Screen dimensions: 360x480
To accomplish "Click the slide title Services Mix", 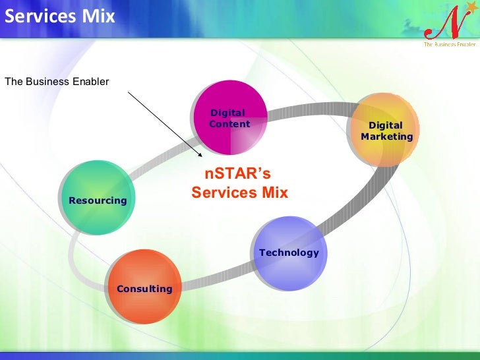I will point(59,16).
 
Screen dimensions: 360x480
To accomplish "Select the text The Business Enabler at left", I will point(57,82).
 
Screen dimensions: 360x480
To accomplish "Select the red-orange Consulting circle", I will point(144,287).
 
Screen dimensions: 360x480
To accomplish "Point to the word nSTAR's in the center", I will point(237,174).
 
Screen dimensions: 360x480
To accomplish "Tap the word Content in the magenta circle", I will point(229,124).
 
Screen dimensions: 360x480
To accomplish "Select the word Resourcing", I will point(98,200).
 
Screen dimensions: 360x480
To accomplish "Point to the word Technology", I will point(289,253).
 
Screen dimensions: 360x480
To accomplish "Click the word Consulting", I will point(144,289).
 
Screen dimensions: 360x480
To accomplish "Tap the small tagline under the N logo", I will point(449,44).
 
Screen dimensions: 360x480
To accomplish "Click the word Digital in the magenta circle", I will point(227,113).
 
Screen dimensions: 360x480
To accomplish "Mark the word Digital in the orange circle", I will point(385,125).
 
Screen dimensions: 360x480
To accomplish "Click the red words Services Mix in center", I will point(240,193).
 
